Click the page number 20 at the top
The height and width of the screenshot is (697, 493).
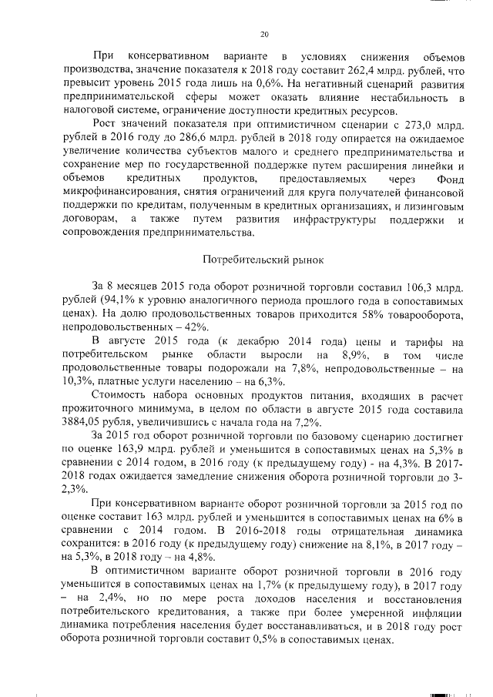[x=264, y=34]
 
